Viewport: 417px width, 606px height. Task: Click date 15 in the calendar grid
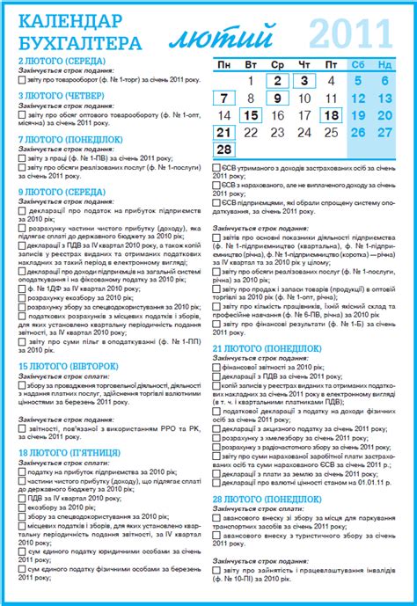click(251, 114)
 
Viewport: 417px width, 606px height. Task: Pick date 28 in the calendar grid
click(224, 149)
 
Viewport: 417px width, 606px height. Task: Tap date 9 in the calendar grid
click(277, 98)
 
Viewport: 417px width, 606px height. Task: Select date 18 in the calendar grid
click(331, 114)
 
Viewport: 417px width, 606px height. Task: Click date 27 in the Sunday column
click(384, 132)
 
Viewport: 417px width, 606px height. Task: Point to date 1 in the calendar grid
click(251, 81)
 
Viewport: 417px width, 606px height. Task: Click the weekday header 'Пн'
click(224, 64)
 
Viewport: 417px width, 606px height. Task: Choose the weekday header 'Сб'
click(358, 64)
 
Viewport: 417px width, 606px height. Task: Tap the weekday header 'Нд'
click(384, 64)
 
